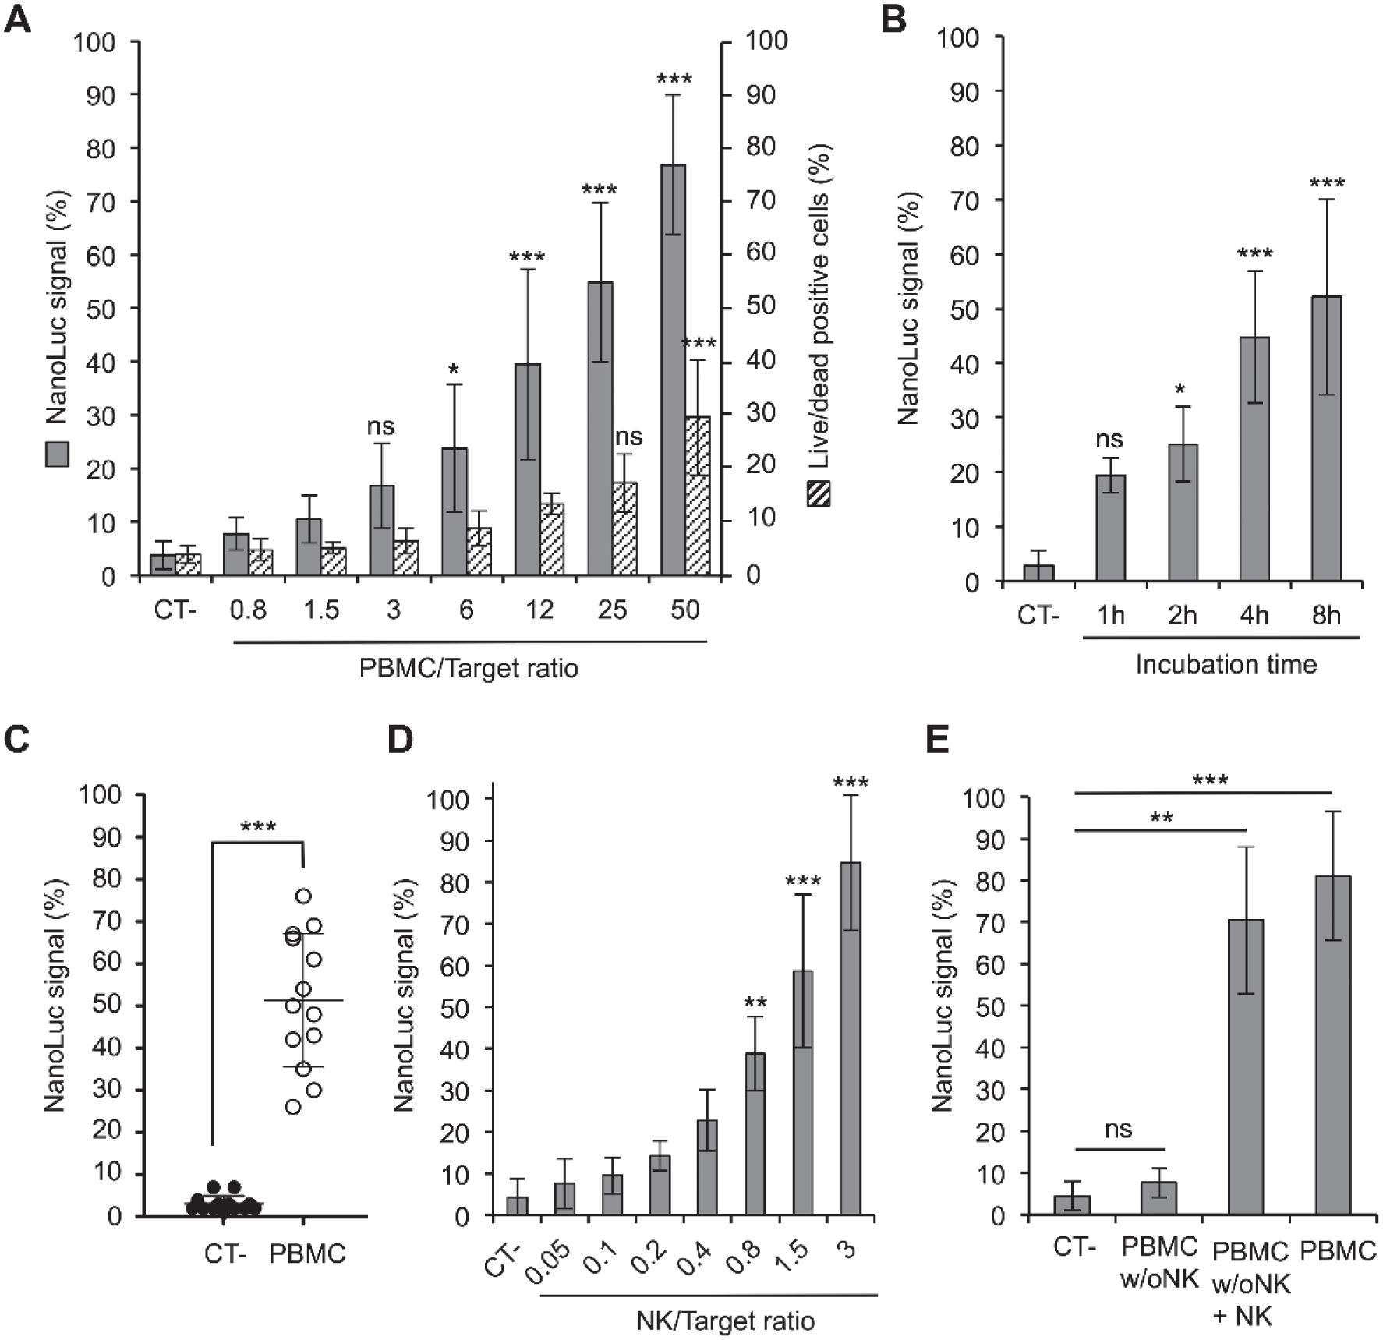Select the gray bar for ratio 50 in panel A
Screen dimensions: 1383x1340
673,370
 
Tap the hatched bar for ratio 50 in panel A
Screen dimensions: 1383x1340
698,497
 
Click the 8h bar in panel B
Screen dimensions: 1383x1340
1326,438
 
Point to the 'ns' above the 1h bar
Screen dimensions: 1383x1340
1109,440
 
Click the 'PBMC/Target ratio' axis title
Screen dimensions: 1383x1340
469,668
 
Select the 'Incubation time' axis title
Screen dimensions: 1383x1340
1226,664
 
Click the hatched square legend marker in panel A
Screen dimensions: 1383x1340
819,494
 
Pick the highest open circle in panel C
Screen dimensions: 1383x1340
303,896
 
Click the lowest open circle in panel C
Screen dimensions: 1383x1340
293,1107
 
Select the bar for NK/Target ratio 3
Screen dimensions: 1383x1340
850,1039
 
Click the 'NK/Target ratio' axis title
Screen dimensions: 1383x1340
726,1321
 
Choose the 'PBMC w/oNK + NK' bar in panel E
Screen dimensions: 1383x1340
1246,1068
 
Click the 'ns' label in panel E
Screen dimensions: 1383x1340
1119,1130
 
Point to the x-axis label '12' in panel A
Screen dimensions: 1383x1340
539,609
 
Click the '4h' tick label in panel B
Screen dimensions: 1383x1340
1254,616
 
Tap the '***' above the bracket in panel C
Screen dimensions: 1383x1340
258,827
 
